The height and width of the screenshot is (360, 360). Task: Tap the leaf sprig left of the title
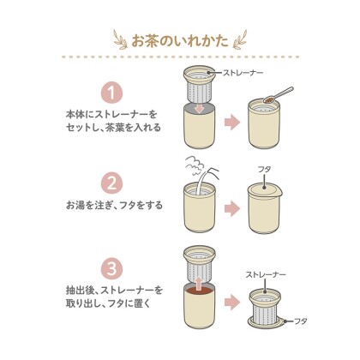[x=118, y=39]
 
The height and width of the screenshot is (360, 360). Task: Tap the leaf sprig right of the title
[x=241, y=39]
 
